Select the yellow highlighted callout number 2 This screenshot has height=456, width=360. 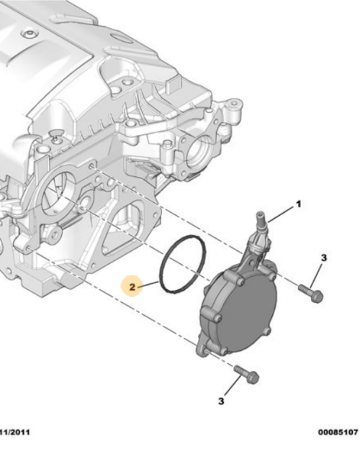[131, 288]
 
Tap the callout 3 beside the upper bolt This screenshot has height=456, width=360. [324, 257]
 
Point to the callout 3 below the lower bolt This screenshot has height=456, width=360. [222, 400]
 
